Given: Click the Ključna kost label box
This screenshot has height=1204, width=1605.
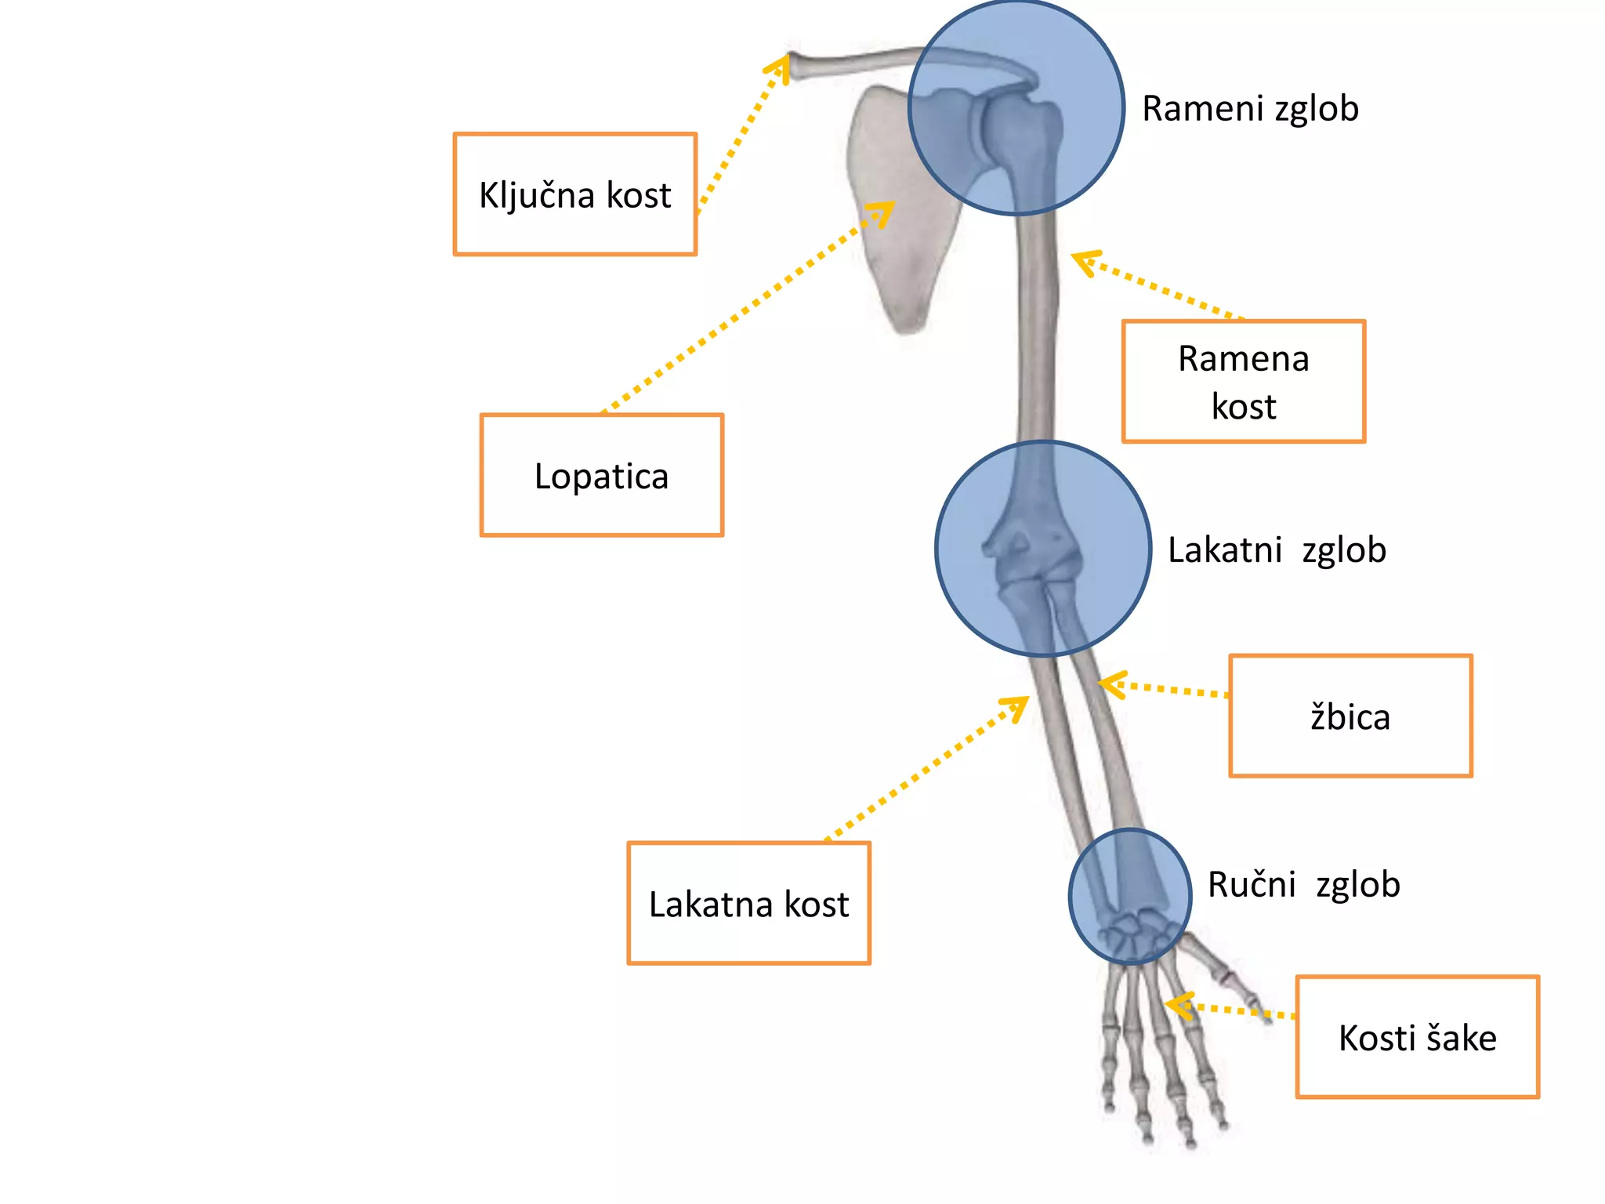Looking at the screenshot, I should pos(574,194).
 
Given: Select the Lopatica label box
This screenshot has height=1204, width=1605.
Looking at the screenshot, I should pos(601,476).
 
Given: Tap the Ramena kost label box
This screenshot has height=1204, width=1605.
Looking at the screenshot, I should pos(1243,382).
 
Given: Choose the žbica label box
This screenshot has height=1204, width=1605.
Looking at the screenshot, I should pos(1350,716).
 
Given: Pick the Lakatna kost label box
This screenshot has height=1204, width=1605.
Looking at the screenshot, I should pos(748,904).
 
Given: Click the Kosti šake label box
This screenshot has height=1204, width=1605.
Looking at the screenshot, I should pos(1417,1037).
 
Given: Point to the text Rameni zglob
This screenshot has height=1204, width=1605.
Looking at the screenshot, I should pos(1250,108).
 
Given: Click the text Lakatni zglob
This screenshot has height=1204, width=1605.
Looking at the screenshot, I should pos(1276,549).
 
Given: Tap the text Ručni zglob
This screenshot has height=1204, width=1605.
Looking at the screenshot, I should pos(1303,884).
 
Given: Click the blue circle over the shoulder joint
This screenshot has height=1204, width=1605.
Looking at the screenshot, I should pos(1016,108).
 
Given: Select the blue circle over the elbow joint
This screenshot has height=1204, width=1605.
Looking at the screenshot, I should pos(1043,549).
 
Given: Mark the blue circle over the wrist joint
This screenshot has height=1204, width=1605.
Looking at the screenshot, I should pos(1130,896).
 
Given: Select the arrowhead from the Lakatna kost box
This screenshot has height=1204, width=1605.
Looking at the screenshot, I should pos(1018,704).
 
